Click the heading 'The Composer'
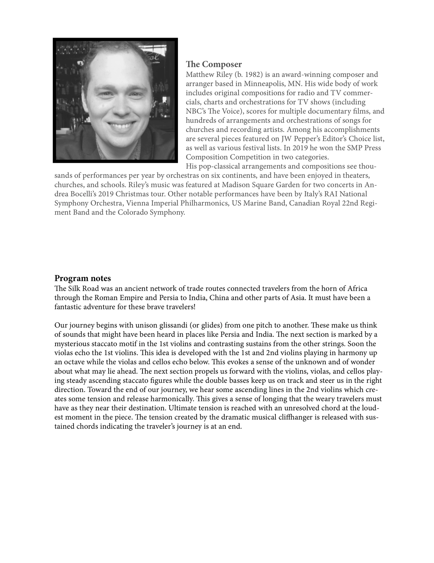tap(214, 64)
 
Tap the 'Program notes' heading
tap(83, 278)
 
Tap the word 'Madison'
tap(235, 185)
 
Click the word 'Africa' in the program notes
tap(357, 289)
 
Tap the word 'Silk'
tap(74, 289)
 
